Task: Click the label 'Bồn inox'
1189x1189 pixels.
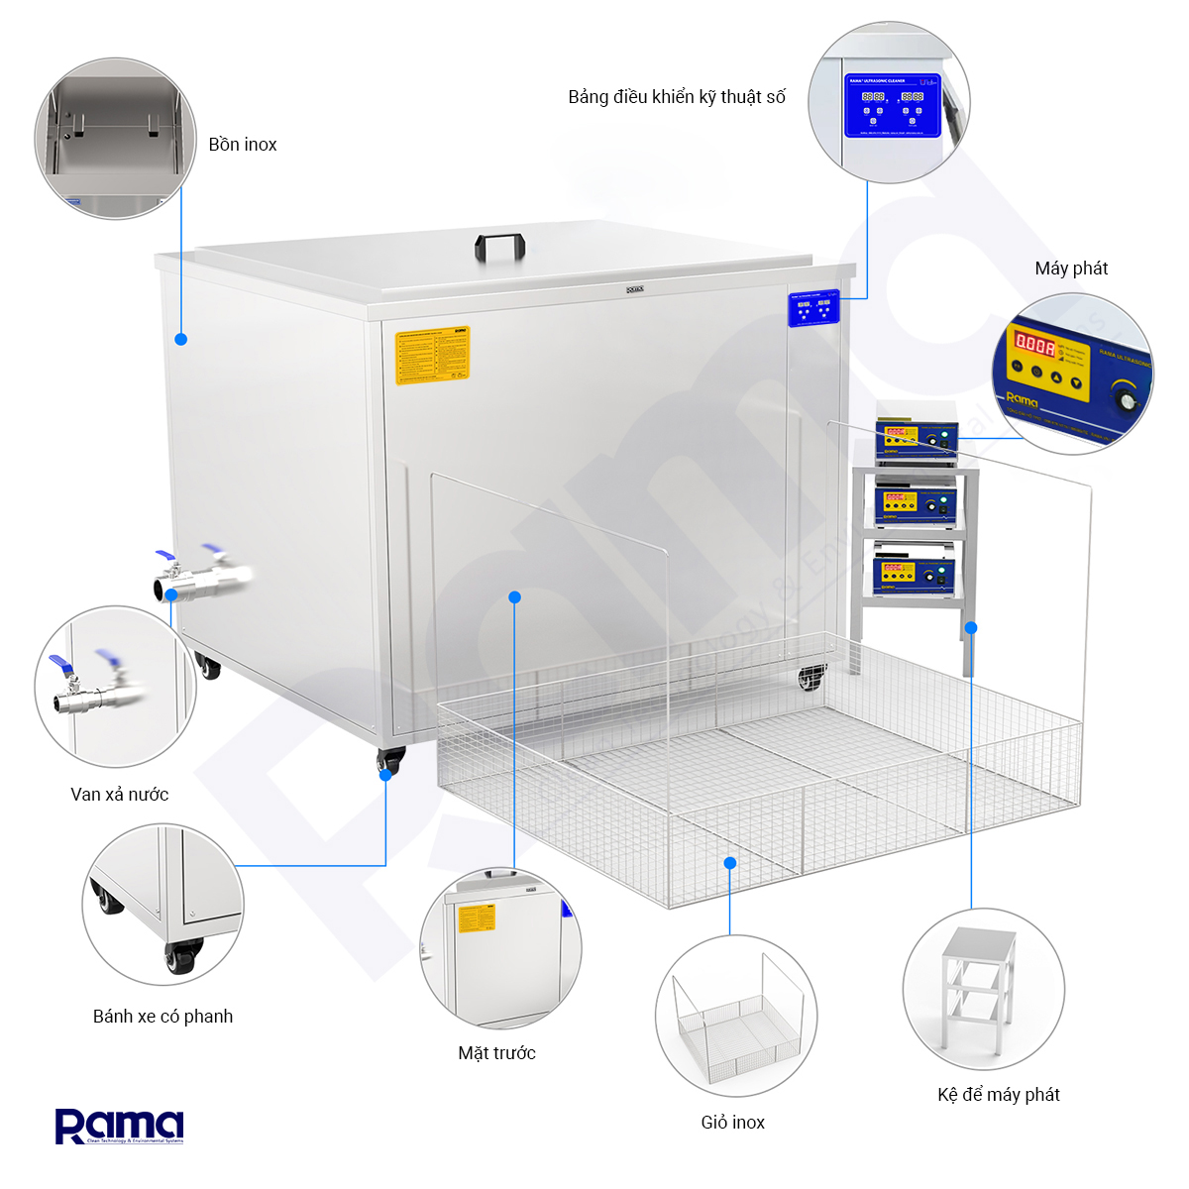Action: pos(243,145)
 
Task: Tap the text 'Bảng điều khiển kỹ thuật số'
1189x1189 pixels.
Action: pos(677,97)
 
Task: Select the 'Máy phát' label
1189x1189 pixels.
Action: pos(1071,269)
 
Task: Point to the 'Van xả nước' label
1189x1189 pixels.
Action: pos(120,795)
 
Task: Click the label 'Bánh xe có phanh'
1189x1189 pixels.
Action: pos(162,1017)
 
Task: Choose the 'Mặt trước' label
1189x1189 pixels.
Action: pos(496,1053)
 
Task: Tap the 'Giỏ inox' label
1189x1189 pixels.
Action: pos(732,1123)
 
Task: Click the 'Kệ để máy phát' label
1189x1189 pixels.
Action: pos(998,1095)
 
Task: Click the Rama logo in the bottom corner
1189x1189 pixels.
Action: pos(119,1127)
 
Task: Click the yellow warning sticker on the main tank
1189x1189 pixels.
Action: pos(432,355)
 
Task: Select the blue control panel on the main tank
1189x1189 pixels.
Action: pos(813,308)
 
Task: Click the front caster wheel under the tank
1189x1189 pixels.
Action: pos(390,761)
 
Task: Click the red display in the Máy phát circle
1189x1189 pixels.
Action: pos(1033,346)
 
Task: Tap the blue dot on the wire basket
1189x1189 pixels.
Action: pos(730,863)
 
